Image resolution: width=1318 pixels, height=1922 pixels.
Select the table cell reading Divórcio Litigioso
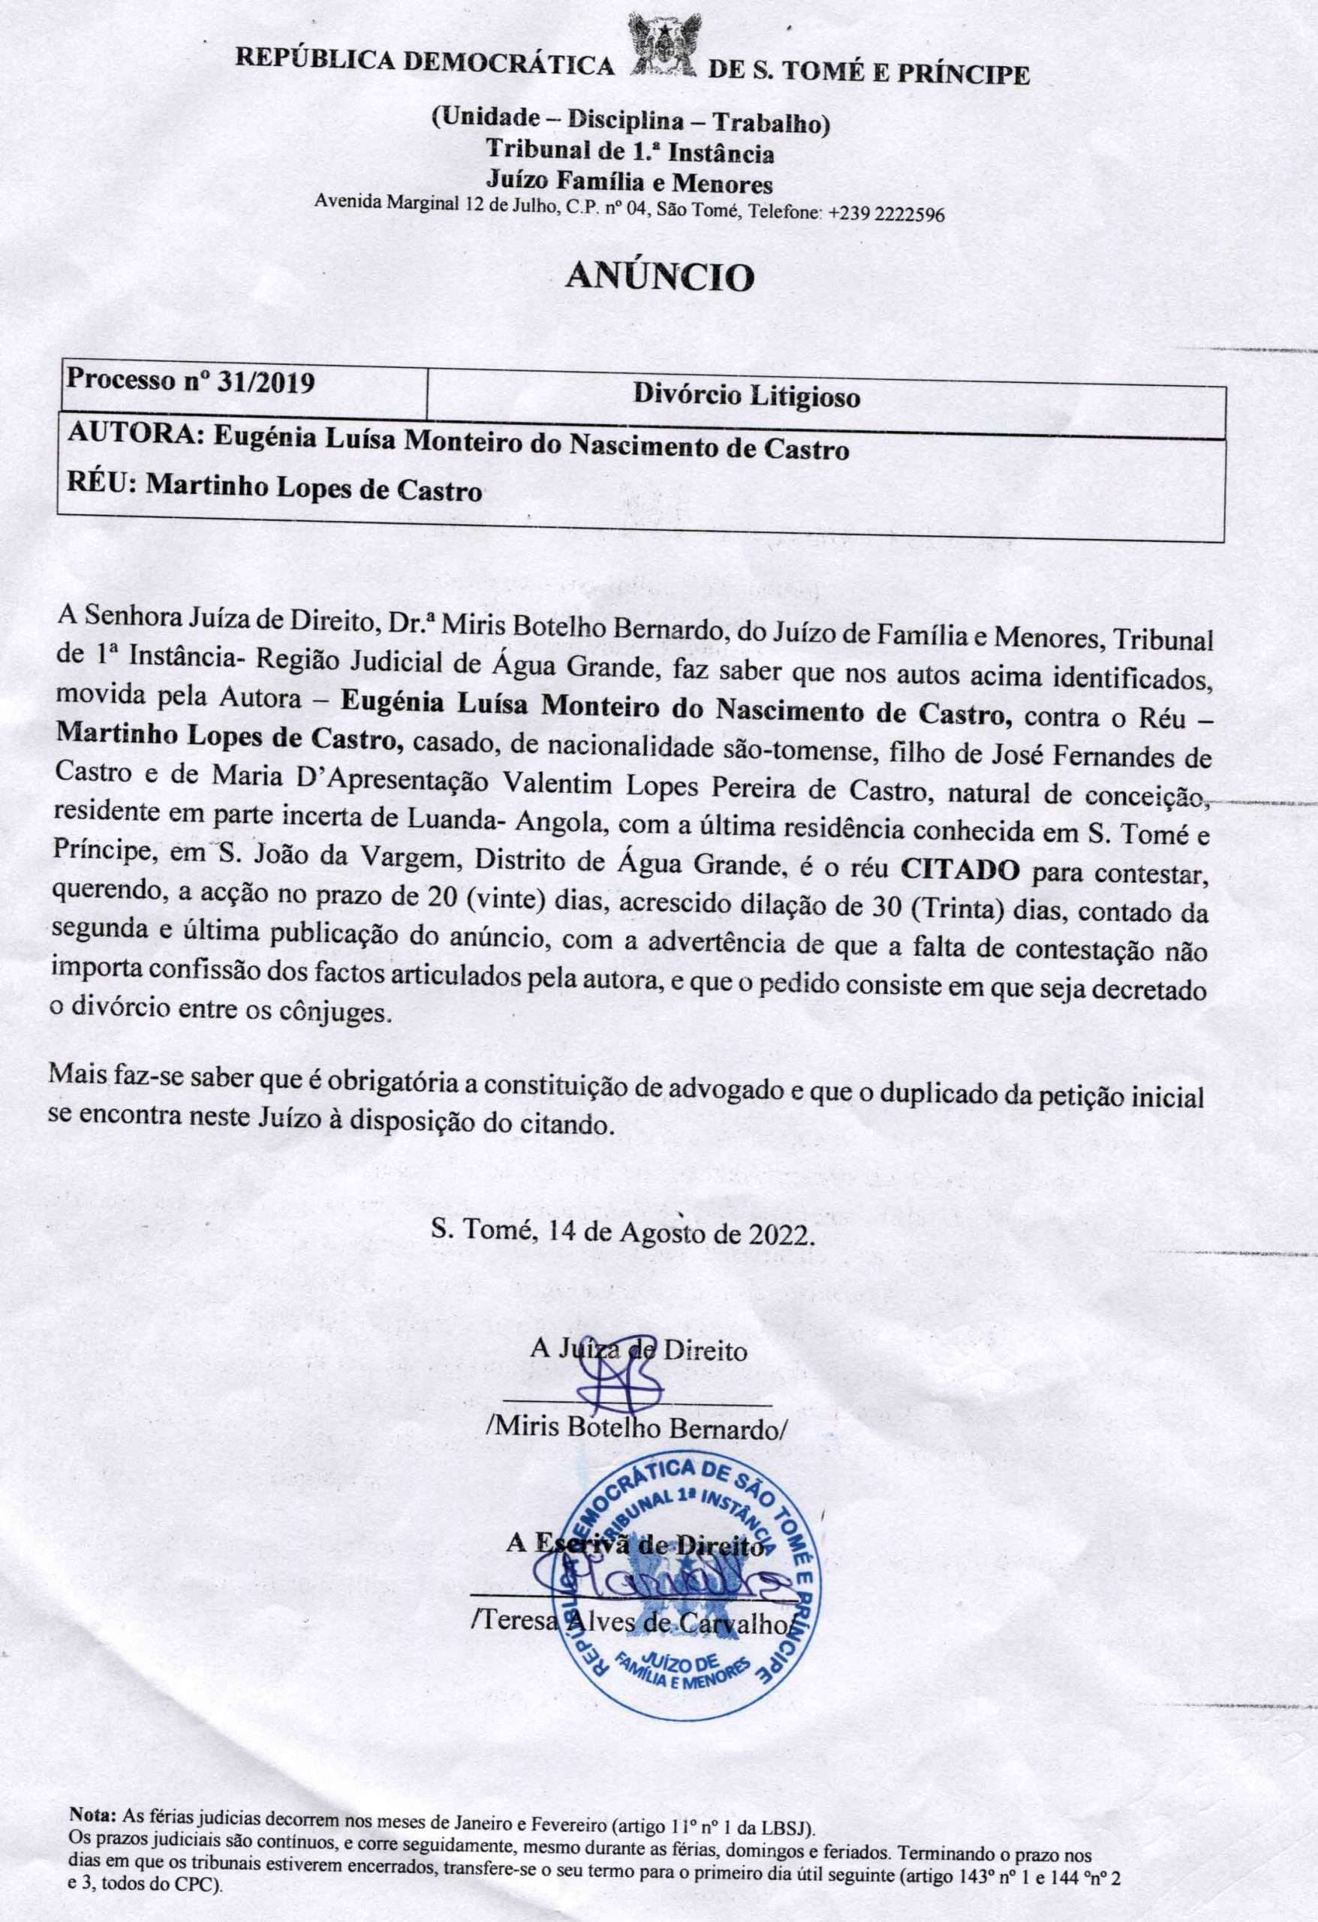(747, 397)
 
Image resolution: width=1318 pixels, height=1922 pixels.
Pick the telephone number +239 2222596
(886, 213)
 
